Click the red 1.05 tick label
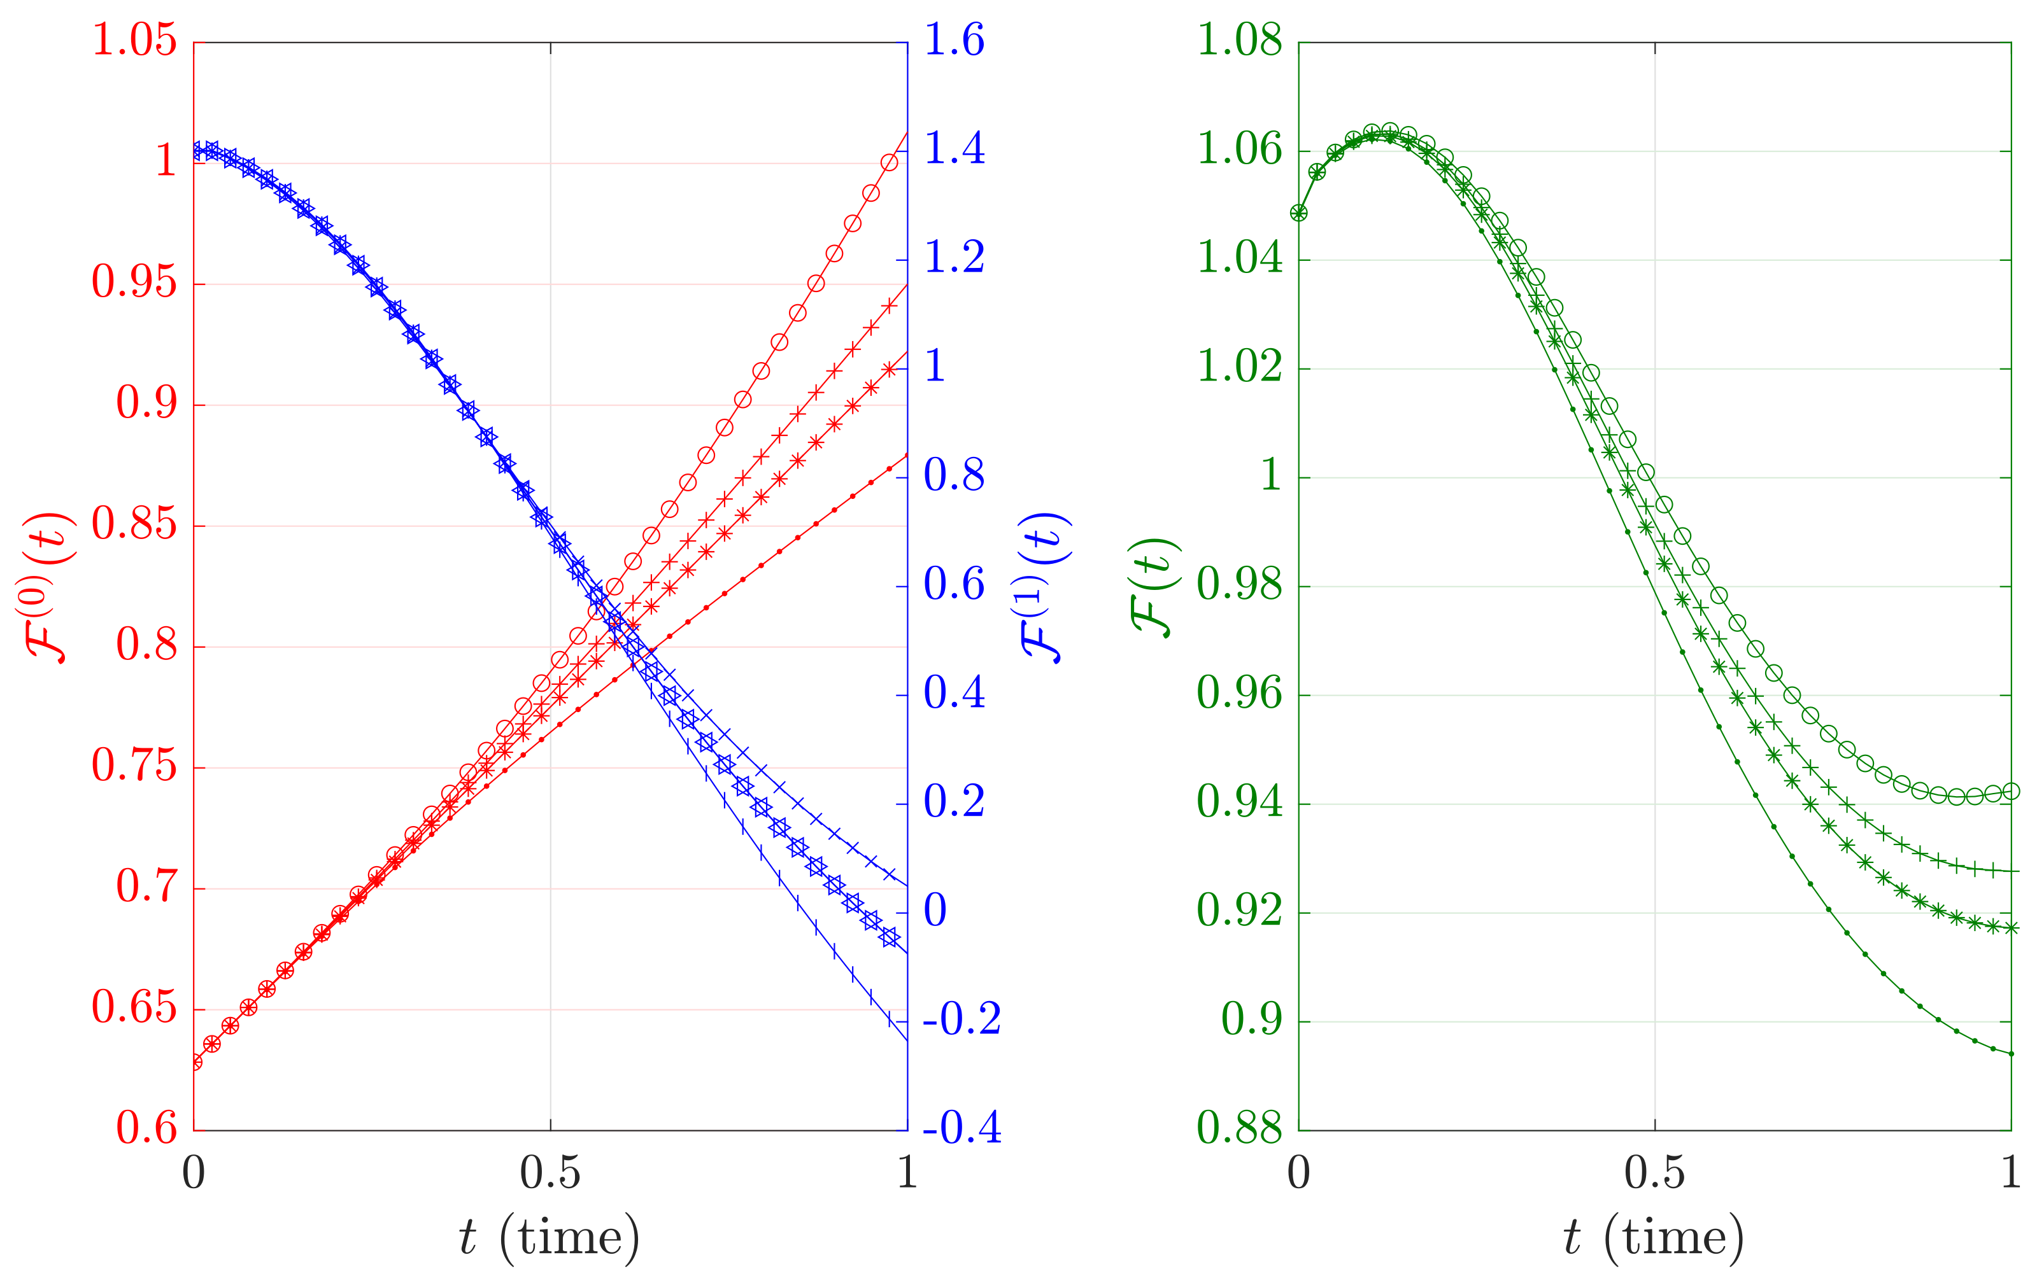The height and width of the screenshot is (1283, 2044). click(134, 40)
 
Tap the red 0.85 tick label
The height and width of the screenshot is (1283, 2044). click(134, 524)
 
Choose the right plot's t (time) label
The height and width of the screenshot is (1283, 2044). click(1654, 1238)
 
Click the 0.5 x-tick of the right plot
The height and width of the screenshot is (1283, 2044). click(1654, 1174)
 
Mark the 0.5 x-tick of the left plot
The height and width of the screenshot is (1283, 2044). click(550, 1174)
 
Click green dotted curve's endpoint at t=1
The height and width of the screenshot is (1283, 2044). click(2011, 1054)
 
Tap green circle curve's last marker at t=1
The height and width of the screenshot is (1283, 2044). click(2011, 792)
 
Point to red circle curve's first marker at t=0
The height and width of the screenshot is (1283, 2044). click(194, 1062)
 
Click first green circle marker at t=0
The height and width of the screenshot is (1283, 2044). click(1299, 212)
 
